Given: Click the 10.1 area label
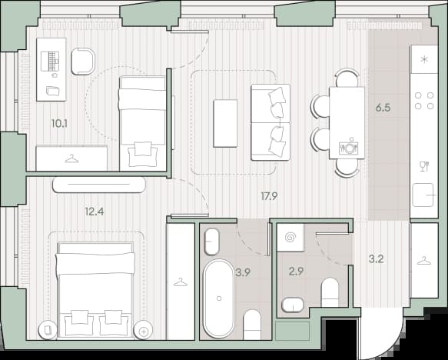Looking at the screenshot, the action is click(59, 124).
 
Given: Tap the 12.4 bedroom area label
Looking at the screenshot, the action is click(95, 212).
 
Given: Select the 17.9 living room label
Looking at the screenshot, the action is click(269, 196).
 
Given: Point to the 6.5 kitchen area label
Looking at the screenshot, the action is click(383, 108).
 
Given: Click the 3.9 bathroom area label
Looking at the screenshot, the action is click(243, 272).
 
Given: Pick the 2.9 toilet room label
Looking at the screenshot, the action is click(296, 271).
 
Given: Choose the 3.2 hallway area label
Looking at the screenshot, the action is click(376, 259).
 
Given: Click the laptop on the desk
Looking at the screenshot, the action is click(50, 62).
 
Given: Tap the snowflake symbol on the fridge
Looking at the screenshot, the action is click(424, 60).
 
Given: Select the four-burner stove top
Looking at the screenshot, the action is click(424, 101).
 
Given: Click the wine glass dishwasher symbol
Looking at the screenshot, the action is click(424, 166).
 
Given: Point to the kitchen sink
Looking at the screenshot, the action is click(423, 195).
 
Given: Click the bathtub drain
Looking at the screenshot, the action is click(219, 298).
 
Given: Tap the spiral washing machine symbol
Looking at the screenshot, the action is click(291, 238).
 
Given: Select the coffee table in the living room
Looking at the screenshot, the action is click(225, 123).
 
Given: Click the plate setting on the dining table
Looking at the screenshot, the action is click(348, 147).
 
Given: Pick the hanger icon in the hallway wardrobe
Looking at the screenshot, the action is click(424, 261).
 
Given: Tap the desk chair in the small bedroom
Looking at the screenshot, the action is click(83, 62).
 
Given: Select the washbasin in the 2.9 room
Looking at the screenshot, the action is click(293, 305).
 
